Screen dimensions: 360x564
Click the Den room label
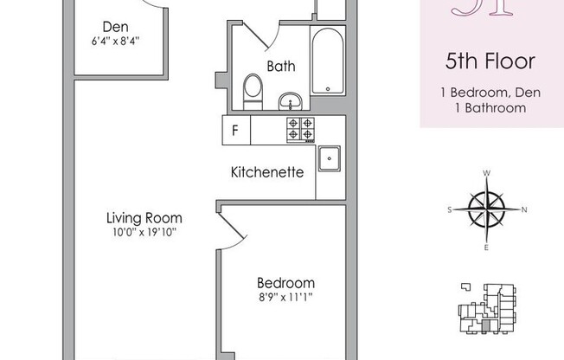click(x=110, y=27)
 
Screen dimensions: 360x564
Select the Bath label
click(x=281, y=65)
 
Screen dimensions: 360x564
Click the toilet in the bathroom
click(x=253, y=91)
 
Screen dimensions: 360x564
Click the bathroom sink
click(x=292, y=101)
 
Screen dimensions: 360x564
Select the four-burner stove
click(x=300, y=129)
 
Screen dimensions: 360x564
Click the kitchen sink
click(x=330, y=159)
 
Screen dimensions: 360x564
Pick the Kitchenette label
click(x=267, y=171)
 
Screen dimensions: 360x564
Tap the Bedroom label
click(x=285, y=283)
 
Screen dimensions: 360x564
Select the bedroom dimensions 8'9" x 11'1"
click(x=285, y=297)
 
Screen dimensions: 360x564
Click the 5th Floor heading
click(x=490, y=61)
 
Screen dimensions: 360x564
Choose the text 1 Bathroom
click(x=490, y=108)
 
